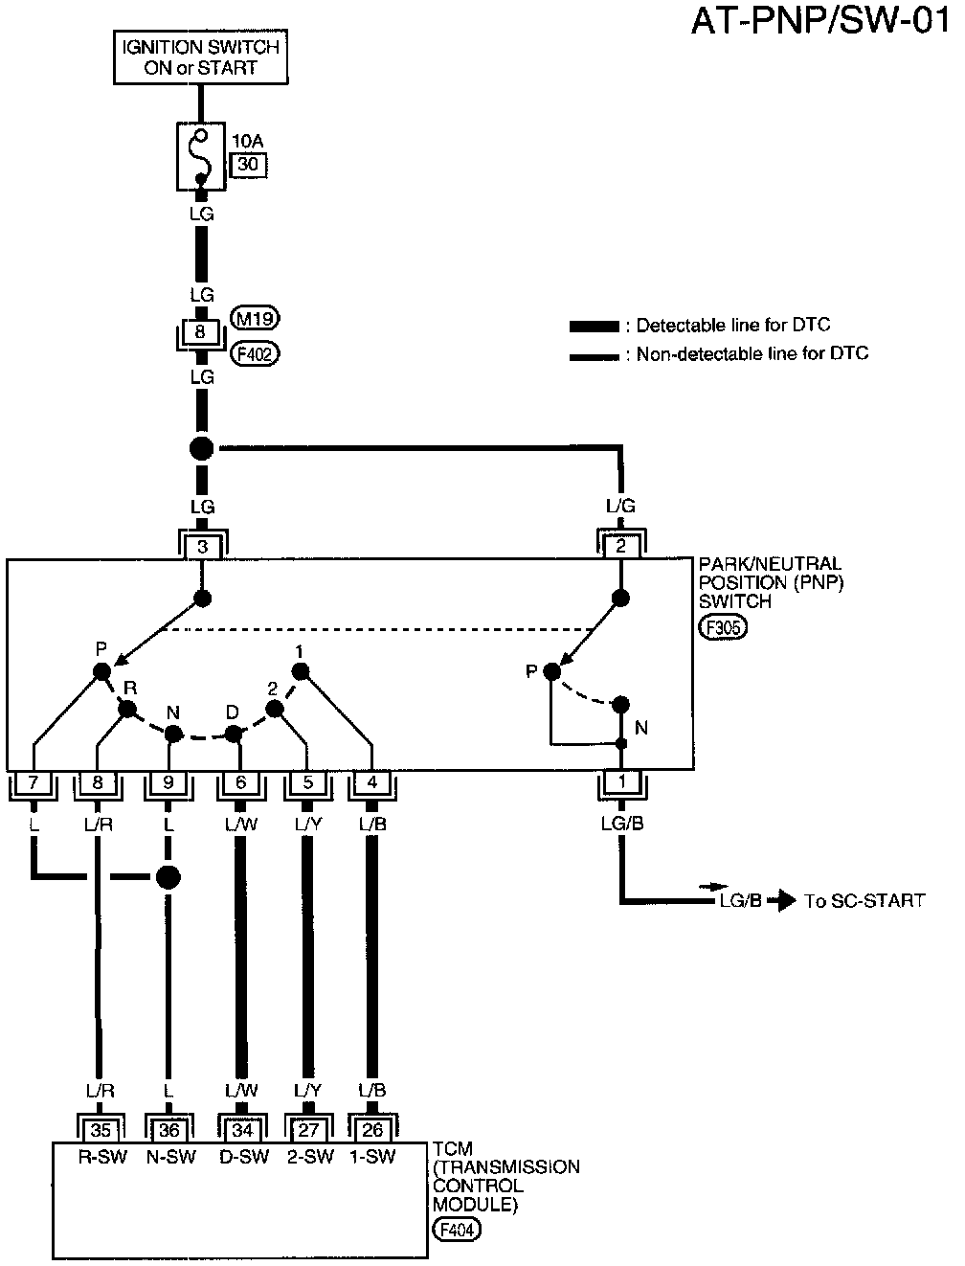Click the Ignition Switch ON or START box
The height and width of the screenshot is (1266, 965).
(x=201, y=57)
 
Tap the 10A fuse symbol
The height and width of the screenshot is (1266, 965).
(x=201, y=156)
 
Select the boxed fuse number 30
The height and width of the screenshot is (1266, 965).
(x=249, y=165)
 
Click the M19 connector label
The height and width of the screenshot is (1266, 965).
(x=255, y=318)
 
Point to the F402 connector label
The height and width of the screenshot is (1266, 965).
(x=255, y=353)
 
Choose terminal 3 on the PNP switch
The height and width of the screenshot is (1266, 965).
(x=202, y=546)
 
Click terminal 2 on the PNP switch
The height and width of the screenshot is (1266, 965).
(x=621, y=546)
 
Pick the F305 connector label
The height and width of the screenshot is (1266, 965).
(x=723, y=627)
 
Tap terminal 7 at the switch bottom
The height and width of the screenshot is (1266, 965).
(x=33, y=782)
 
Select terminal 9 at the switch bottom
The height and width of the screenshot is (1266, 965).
(x=168, y=782)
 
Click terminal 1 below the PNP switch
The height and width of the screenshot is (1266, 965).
(x=622, y=782)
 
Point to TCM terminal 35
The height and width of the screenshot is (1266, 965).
(x=101, y=1130)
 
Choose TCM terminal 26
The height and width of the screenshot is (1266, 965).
(x=372, y=1130)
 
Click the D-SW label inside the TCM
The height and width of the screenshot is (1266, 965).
(x=244, y=1157)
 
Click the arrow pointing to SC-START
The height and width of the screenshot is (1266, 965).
(x=782, y=901)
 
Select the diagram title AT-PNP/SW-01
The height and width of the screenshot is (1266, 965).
(x=820, y=21)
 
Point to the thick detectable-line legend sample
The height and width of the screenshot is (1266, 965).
(x=594, y=327)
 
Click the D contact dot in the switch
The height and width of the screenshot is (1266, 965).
(x=234, y=735)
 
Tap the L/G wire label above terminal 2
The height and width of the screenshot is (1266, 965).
(x=620, y=506)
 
